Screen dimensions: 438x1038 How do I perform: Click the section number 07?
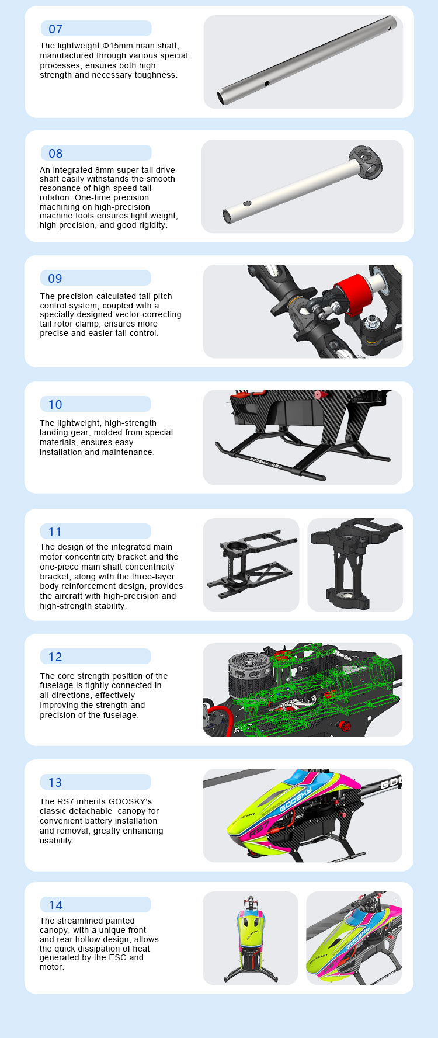(x=55, y=29)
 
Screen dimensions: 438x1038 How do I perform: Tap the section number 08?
(x=55, y=154)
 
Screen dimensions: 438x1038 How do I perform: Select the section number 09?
(x=55, y=279)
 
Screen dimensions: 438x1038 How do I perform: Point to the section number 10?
(x=55, y=405)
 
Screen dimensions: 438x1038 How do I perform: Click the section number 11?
(x=55, y=532)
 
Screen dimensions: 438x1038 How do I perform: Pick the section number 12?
(x=55, y=657)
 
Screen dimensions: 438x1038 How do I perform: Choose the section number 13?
(x=55, y=783)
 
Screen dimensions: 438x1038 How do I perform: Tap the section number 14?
(x=55, y=905)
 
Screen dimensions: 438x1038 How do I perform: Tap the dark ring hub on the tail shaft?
(x=366, y=161)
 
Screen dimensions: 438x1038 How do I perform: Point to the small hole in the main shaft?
(x=266, y=84)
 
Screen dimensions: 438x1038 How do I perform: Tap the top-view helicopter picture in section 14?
(x=251, y=938)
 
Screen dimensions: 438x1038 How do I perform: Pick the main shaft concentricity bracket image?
(x=355, y=565)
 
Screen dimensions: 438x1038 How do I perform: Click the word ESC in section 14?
(x=100, y=957)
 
